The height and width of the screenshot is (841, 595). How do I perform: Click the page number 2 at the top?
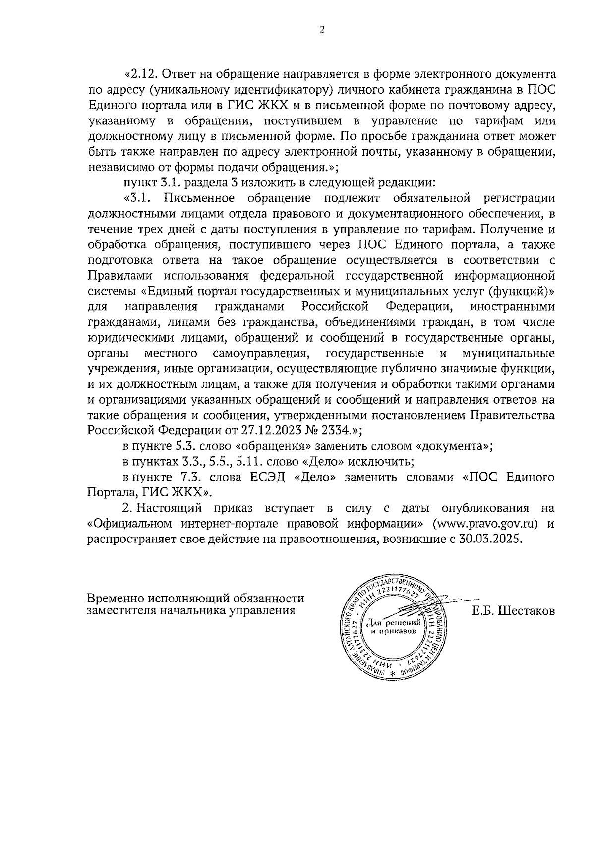pos(322,29)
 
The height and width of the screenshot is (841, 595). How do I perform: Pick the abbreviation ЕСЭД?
pos(267,477)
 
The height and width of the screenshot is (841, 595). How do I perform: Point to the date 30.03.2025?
pos(491,540)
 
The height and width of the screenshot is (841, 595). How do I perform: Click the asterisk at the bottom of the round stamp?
pos(394,675)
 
